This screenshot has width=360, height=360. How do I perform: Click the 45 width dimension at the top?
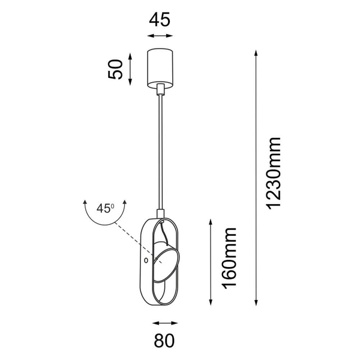click(160, 19)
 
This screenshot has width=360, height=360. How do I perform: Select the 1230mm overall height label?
click(274, 173)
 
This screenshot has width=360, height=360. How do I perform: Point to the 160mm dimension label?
click(229, 257)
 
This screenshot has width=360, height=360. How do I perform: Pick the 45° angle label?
click(106, 209)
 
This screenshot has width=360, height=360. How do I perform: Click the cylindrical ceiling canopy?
click(160, 67)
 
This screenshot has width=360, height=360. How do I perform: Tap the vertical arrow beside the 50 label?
click(132, 69)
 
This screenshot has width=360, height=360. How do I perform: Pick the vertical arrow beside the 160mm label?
click(211, 261)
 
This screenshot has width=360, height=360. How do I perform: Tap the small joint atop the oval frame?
click(160, 213)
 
